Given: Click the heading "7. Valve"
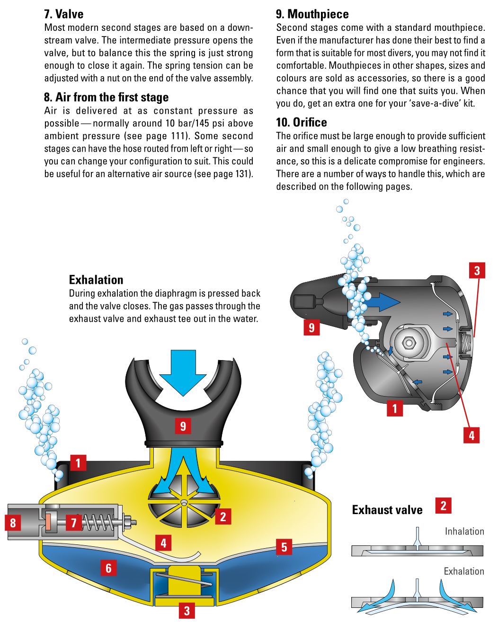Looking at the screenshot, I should (63, 14).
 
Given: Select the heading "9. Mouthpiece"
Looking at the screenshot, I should (312, 14).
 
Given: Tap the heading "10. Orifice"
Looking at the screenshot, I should (301, 123).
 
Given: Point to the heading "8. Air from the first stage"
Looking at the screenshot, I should (106, 98).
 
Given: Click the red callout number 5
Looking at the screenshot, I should (284, 547).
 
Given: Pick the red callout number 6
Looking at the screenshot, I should (108, 568).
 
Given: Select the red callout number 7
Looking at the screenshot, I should (73, 523).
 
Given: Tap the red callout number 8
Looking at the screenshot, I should (13, 523).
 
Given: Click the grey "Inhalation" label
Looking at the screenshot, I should (464, 532).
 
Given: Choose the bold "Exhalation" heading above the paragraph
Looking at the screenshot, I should (96, 280).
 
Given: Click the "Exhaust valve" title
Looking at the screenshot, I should (387, 510).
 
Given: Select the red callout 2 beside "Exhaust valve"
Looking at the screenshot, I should (443, 506).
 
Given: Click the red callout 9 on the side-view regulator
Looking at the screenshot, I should (311, 327).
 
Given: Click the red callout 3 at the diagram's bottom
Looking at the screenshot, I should (187, 611).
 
